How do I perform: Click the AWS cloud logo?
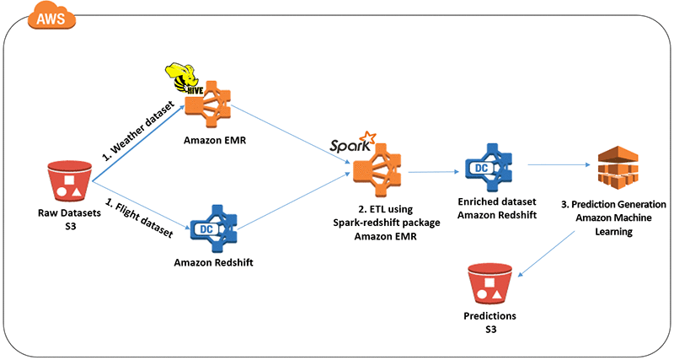click(51, 18)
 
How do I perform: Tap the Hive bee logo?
click(184, 78)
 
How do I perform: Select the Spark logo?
click(352, 142)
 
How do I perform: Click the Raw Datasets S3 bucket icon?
click(69, 180)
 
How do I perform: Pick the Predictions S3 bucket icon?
click(490, 283)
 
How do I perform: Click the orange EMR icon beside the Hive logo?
click(208, 104)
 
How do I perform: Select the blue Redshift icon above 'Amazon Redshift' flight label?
click(214, 228)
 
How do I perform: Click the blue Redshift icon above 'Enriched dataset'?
click(489, 167)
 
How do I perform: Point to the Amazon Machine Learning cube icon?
click(618, 168)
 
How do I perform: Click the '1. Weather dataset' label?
click(138, 131)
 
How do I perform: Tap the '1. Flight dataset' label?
click(139, 219)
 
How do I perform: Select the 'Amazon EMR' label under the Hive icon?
click(215, 140)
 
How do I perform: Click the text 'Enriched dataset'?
click(497, 201)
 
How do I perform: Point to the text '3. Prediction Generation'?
click(613, 204)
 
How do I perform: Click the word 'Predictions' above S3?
click(490, 315)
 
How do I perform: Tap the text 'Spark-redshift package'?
click(387, 223)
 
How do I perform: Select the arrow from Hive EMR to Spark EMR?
click(290, 134)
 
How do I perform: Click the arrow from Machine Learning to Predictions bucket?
click(546, 254)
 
